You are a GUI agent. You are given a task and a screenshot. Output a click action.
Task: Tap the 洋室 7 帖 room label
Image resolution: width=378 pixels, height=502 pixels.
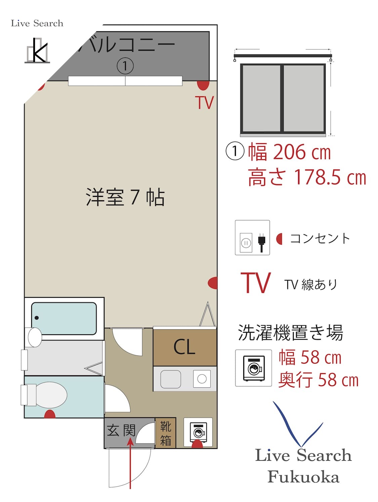[125, 197]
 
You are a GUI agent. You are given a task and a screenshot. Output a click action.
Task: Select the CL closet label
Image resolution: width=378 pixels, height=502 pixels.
[184, 347]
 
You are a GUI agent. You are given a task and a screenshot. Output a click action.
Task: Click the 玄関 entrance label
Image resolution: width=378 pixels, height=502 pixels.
[121, 430]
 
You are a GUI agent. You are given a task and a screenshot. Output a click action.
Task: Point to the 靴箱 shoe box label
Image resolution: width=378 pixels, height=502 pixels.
[165, 433]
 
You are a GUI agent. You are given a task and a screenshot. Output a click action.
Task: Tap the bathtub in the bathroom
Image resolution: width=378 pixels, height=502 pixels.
[64, 318]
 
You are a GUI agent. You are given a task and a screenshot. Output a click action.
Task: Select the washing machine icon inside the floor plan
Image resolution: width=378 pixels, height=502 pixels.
[198, 432]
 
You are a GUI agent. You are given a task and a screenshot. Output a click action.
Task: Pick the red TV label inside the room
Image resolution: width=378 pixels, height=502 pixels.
[204, 103]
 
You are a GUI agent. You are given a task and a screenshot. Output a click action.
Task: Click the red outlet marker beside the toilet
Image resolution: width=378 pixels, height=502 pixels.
[50, 414]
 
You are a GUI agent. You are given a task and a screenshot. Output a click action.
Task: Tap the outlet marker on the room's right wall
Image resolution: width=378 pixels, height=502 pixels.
[213, 283]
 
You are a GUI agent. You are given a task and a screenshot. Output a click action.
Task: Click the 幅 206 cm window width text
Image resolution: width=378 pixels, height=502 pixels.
[289, 152]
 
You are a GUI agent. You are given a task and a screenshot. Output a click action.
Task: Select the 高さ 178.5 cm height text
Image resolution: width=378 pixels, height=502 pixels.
[307, 177]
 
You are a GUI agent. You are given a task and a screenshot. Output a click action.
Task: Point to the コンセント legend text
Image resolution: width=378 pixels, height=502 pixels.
[320, 239]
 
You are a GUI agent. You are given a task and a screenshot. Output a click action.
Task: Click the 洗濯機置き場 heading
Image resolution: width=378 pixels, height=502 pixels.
[290, 333]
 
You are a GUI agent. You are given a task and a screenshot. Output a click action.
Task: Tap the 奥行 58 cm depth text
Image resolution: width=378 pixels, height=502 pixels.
[318, 380]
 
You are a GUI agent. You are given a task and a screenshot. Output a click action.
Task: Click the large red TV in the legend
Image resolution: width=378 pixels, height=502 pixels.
[255, 283]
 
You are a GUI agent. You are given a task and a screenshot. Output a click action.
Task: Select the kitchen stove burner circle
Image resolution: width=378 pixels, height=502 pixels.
[202, 379]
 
